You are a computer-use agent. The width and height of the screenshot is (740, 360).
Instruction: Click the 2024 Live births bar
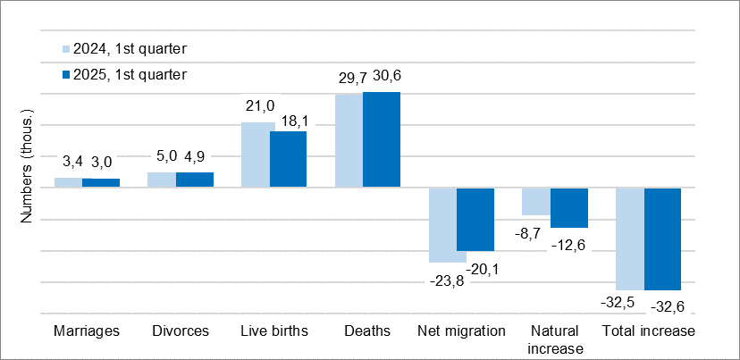pos(256,155)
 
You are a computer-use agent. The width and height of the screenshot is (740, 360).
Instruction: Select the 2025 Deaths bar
pos(382,139)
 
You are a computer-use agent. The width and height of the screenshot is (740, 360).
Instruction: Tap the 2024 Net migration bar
pos(447,225)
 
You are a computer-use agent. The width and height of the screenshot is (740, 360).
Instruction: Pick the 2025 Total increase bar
pos(662,239)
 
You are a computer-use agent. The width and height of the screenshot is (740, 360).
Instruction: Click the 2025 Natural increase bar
pos(568,208)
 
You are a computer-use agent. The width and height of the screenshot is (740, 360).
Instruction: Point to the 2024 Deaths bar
pos(349,140)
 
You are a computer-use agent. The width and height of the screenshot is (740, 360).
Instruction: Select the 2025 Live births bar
pos(288,159)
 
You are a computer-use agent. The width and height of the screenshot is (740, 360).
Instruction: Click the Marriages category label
pos(87,331)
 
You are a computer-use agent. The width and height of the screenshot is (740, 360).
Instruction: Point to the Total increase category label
pos(648,331)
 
